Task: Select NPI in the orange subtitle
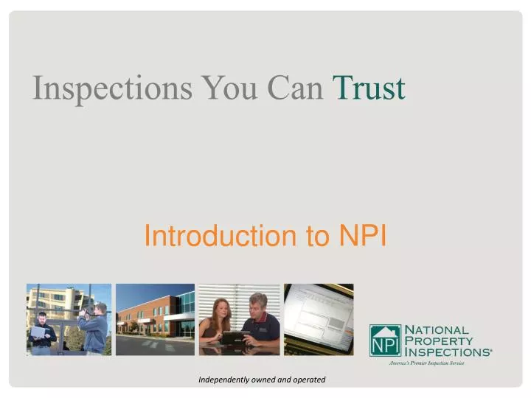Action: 362,236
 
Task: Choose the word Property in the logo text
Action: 441,341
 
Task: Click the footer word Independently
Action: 223,379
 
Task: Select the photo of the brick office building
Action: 155,319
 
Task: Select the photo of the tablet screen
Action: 319,319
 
